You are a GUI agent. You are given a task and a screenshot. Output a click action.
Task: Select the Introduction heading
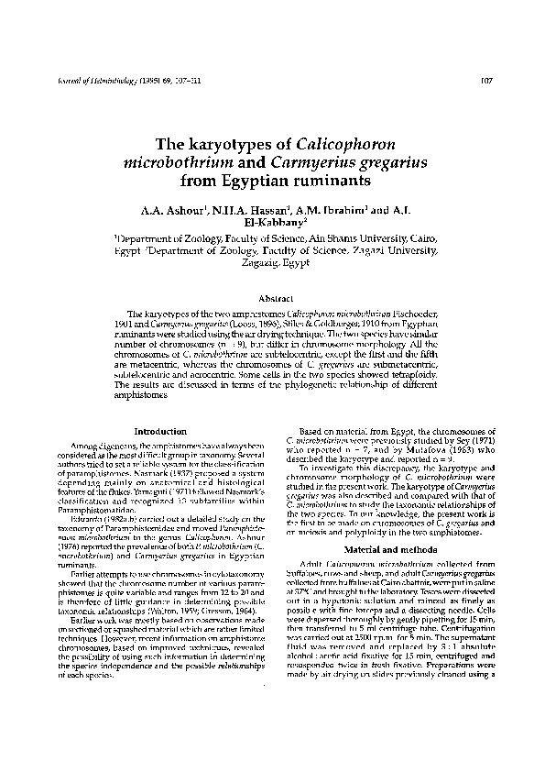[160, 430]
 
